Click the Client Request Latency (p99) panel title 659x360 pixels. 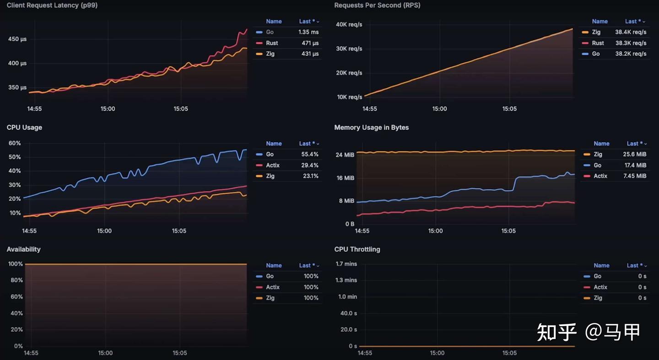pyautogui.click(x=52, y=5)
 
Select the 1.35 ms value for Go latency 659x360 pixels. pyautogui.click(x=308, y=32)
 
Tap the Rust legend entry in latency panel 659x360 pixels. pyautogui.click(x=272, y=43)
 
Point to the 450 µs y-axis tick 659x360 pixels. pyautogui.click(x=17, y=39)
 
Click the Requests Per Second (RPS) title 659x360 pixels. pyautogui.click(x=377, y=5)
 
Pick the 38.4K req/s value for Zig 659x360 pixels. pyautogui.click(x=631, y=32)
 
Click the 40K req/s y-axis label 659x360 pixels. pyautogui.click(x=349, y=24)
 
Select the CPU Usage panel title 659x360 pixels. pyautogui.click(x=24, y=127)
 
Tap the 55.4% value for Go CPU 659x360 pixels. pyautogui.click(x=309, y=154)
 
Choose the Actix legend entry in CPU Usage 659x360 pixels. pyautogui.click(x=273, y=165)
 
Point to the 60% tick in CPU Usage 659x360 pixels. pyautogui.click(x=15, y=143)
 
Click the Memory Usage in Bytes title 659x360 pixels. pyautogui.click(x=371, y=127)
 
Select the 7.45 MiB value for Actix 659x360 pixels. pyautogui.click(x=635, y=176)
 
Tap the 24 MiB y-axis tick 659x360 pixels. pyautogui.click(x=345, y=155)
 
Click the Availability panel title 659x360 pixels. pyautogui.click(x=23, y=249)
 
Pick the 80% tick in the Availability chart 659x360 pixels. pyautogui.click(x=16, y=280)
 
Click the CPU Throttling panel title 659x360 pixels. pyautogui.click(x=357, y=249)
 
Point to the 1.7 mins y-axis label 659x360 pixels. pyautogui.click(x=346, y=264)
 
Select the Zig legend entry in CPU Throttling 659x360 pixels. pyautogui.click(x=598, y=298)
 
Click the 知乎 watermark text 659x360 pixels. pyautogui.click(x=556, y=332)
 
